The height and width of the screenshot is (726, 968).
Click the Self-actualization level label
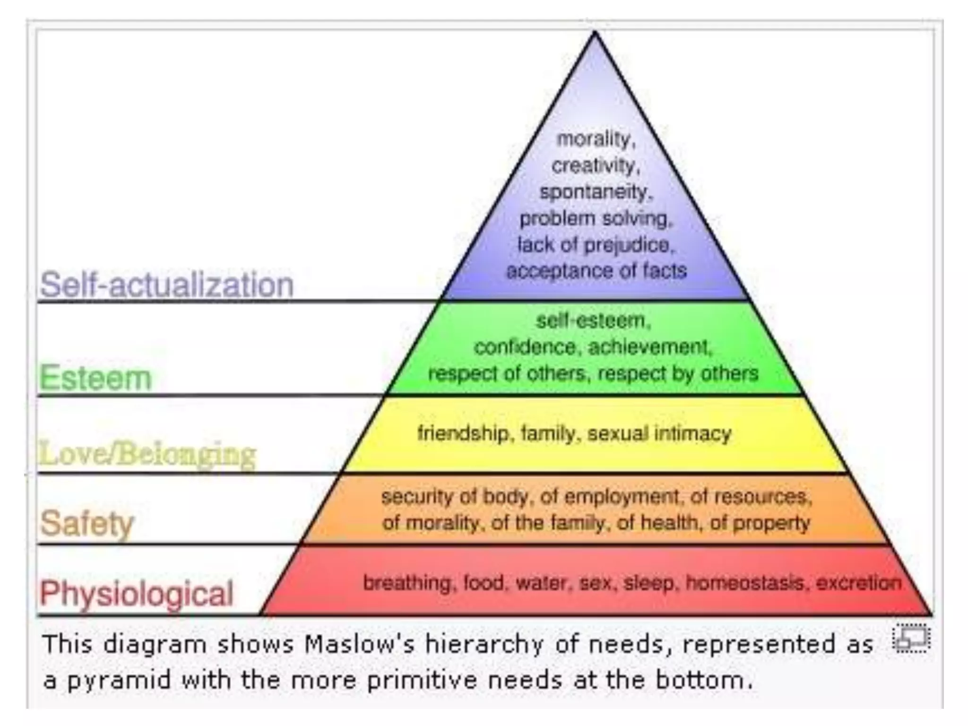166,285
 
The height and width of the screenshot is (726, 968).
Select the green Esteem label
95,378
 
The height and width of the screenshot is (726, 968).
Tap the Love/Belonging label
147,454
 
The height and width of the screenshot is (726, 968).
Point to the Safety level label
87,523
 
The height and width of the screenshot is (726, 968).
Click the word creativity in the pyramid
596,166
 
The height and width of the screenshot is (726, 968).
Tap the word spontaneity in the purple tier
596,192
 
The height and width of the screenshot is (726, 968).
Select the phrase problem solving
596,219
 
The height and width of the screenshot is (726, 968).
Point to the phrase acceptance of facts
596,271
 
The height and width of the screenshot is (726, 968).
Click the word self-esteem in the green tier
593,321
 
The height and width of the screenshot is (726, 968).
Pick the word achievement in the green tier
649,347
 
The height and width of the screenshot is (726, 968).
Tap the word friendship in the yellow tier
463,433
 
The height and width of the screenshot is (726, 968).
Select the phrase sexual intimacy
659,433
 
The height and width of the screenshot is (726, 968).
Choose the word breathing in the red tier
407,583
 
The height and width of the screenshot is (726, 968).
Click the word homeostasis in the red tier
745,583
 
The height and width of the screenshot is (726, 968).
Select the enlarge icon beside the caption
910,639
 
